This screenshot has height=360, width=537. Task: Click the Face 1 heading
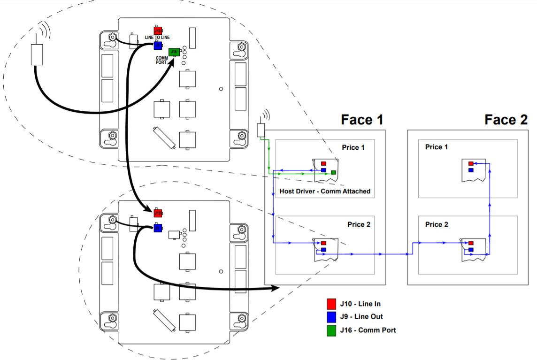point(362,120)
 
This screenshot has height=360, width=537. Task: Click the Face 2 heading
point(506,120)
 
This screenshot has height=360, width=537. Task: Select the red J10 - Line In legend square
point(331,304)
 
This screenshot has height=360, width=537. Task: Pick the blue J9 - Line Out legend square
point(331,317)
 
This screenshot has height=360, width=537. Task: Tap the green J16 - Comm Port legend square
point(331,330)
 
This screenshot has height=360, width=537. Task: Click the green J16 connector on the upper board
point(174,51)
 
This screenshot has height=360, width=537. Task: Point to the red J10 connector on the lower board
point(158,213)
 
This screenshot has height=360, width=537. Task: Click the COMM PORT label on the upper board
point(161,60)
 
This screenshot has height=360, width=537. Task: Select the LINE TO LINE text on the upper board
point(158,37)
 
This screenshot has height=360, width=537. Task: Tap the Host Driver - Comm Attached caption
point(325,191)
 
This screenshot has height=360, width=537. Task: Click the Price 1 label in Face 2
point(437,147)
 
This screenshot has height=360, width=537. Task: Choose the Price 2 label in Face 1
point(359,224)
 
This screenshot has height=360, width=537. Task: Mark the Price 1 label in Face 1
point(353,147)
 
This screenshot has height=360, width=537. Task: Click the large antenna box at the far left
point(37,55)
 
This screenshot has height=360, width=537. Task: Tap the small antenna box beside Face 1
point(261,130)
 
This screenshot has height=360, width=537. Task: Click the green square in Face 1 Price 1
point(333,173)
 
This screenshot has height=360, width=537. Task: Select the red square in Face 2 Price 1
point(471,163)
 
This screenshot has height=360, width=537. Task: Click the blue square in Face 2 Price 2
point(471,249)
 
